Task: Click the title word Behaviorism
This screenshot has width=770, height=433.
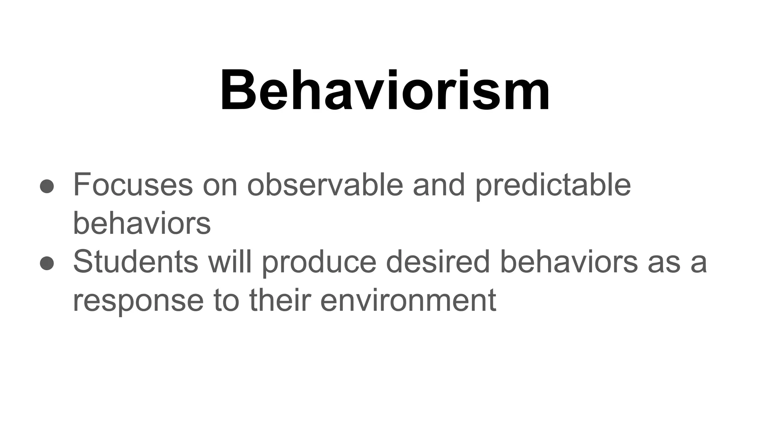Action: [x=385, y=91]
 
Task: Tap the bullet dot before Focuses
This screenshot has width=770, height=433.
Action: [x=47, y=186]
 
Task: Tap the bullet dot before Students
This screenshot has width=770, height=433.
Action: [x=47, y=263]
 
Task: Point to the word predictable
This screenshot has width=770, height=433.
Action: [x=553, y=185]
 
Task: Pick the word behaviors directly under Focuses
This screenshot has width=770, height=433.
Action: [x=141, y=223]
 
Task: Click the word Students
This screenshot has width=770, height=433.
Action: [x=135, y=262]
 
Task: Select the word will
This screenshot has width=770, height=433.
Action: [x=230, y=262]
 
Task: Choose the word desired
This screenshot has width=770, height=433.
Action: [x=438, y=262]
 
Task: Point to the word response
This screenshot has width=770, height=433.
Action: [x=138, y=302]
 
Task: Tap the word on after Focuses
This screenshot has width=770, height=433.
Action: [x=220, y=185]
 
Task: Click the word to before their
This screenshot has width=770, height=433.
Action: [x=226, y=301]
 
